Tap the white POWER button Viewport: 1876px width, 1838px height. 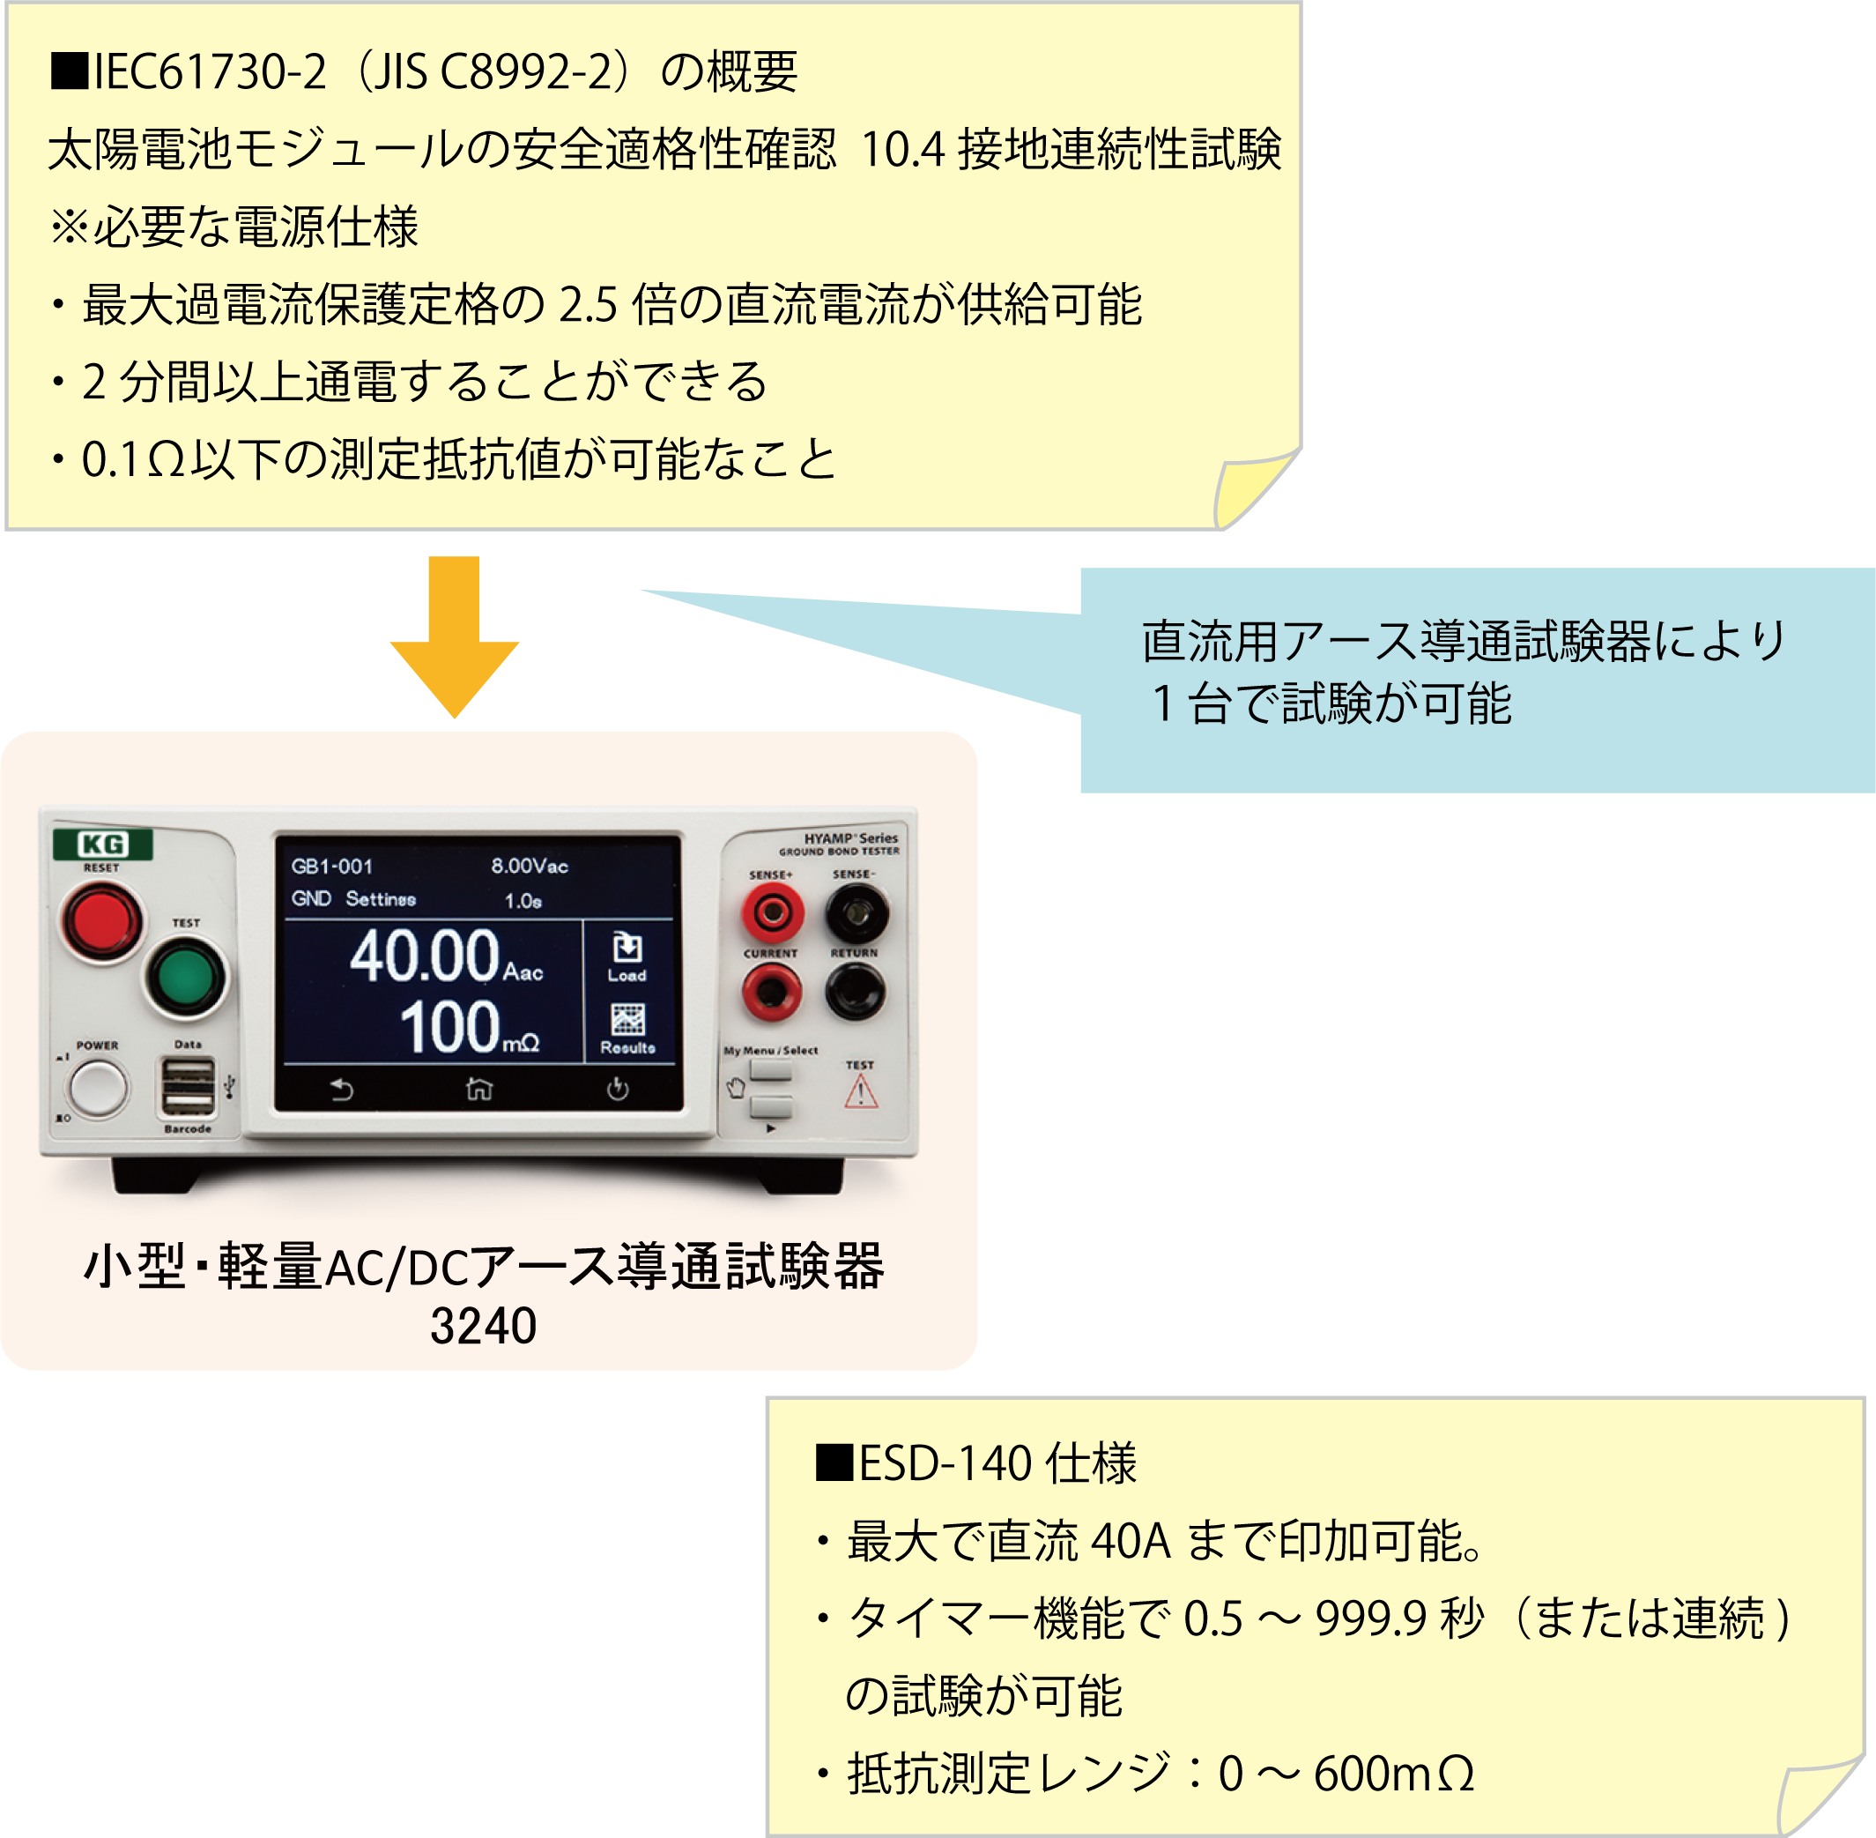pos(99,1088)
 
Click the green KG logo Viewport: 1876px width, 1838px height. pos(102,844)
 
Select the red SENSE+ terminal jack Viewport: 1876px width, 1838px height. pos(772,912)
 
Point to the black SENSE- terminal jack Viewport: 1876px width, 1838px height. pos(856,912)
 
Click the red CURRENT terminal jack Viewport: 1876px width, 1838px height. pos(771,991)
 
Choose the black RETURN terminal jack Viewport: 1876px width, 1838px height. pos(855,991)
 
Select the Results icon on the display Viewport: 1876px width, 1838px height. pos(627,1027)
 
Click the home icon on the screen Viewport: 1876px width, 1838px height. pos(478,1089)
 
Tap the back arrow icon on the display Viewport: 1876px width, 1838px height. pos(342,1089)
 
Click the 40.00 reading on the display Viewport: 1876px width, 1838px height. pos(425,956)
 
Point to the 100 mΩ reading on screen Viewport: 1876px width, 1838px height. pos(469,1027)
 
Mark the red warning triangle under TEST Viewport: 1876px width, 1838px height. pos(861,1093)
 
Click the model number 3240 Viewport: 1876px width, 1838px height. pos(483,1326)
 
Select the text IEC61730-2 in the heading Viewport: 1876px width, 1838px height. pos(207,72)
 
